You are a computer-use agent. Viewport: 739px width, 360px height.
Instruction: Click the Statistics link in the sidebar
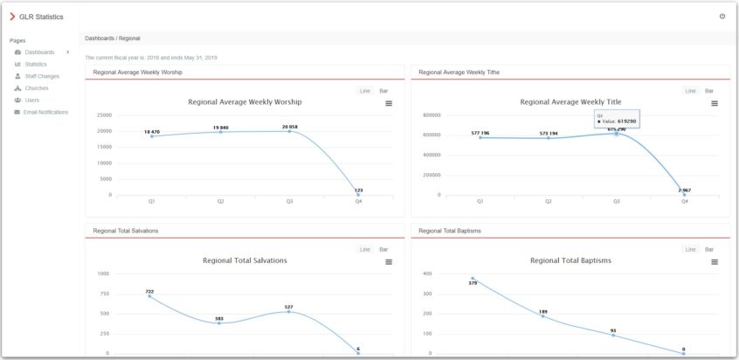[36, 64]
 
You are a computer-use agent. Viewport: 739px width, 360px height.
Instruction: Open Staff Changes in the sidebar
[42, 76]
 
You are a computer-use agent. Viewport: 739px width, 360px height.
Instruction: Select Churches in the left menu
[37, 88]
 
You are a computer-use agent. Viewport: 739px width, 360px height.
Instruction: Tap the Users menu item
[32, 100]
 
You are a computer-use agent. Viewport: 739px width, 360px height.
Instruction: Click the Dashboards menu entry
[39, 52]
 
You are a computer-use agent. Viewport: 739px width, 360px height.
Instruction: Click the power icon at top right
[722, 16]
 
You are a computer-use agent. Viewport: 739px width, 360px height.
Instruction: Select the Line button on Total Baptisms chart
[690, 249]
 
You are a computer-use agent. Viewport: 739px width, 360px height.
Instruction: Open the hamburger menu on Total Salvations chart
[389, 261]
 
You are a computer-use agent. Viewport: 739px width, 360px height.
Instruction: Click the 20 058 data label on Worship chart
[289, 127]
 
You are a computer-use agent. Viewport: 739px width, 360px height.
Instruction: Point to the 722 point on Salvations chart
[149, 296]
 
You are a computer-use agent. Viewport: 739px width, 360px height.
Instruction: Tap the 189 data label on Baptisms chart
[543, 311]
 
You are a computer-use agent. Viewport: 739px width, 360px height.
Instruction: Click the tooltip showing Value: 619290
[617, 118]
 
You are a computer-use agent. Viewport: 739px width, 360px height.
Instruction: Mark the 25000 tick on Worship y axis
[104, 114]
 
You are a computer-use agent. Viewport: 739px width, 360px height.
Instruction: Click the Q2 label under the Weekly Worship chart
[220, 201]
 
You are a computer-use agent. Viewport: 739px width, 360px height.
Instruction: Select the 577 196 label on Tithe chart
[480, 133]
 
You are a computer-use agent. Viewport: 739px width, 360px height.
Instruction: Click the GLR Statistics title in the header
[41, 17]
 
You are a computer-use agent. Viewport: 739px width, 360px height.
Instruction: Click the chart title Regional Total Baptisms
[570, 260]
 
